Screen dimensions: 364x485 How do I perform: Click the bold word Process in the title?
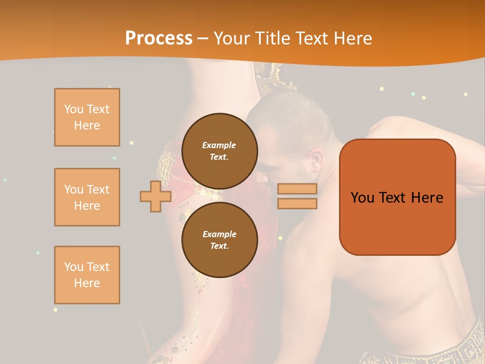tap(159, 38)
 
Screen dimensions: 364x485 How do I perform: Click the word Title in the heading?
tap(276, 38)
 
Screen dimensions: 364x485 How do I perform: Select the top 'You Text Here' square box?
tap(87, 117)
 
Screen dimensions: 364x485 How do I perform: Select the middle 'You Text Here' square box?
tap(87, 197)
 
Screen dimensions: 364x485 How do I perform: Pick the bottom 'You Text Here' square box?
tap(87, 275)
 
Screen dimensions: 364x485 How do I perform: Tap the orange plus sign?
tap(156, 196)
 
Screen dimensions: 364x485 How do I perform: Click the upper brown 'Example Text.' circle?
tap(219, 151)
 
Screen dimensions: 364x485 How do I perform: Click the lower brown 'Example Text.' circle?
tap(219, 240)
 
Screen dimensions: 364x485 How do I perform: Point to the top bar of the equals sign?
tap(297, 189)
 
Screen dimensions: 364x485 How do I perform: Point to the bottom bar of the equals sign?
tap(297, 204)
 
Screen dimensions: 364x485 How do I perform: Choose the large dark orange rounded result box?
tap(397, 197)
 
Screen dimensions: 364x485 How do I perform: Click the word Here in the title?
tap(352, 38)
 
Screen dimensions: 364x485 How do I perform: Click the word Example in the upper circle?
tap(219, 145)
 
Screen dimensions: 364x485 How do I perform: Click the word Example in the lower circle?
tap(219, 234)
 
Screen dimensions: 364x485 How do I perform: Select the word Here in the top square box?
tap(87, 125)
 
